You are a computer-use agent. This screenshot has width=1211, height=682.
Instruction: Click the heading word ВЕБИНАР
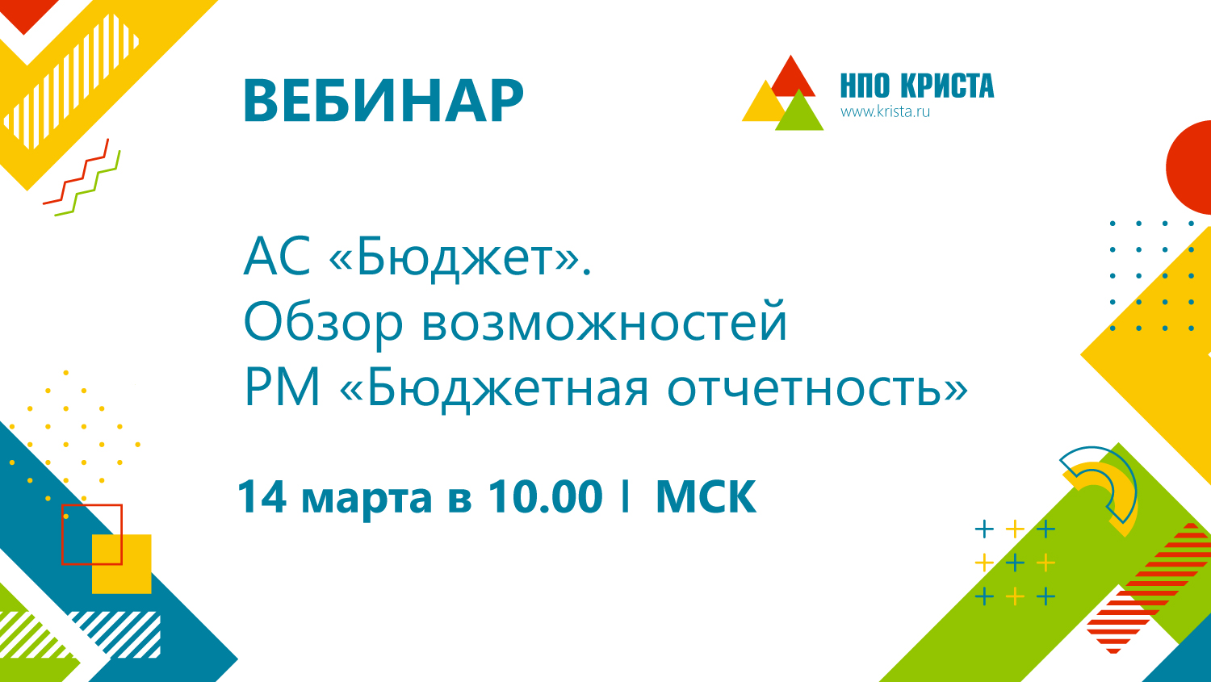tap(383, 101)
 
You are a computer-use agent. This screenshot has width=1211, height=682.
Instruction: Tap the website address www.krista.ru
tap(885, 112)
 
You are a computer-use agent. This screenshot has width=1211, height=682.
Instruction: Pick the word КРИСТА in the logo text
tap(948, 86)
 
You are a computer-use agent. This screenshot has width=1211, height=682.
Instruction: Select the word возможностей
tap(604, 322)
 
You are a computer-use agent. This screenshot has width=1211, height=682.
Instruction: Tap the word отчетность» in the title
tap(817, 388)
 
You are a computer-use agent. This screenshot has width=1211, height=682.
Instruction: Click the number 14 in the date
tap(262, 496)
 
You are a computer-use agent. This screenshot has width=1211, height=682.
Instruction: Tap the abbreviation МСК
tap(706, 496)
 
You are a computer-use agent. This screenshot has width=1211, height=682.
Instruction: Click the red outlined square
tap(62, 534)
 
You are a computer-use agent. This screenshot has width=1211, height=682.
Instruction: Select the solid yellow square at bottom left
tap(122, 563)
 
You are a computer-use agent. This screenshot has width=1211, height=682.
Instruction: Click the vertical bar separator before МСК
tap(626, 496)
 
